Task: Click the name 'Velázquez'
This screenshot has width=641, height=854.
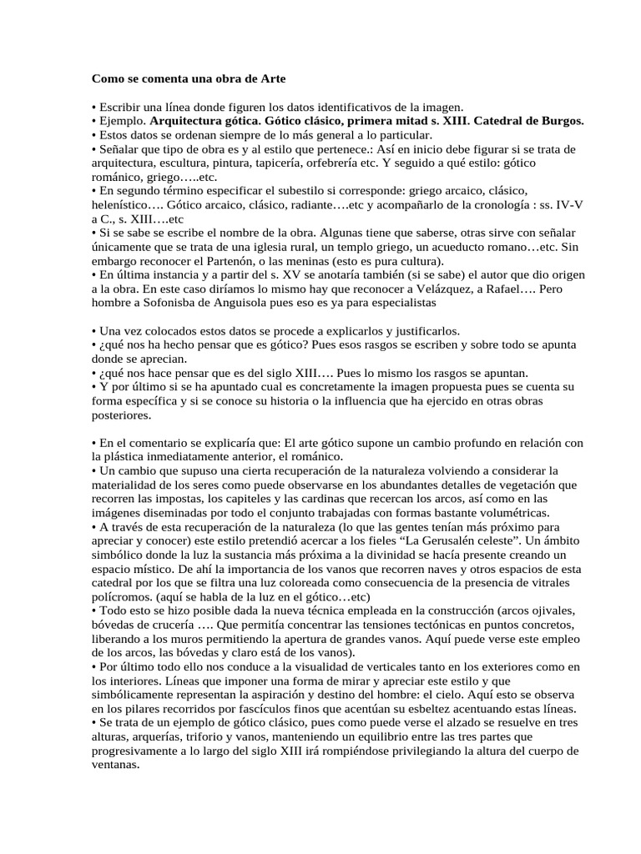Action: point(437,289)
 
